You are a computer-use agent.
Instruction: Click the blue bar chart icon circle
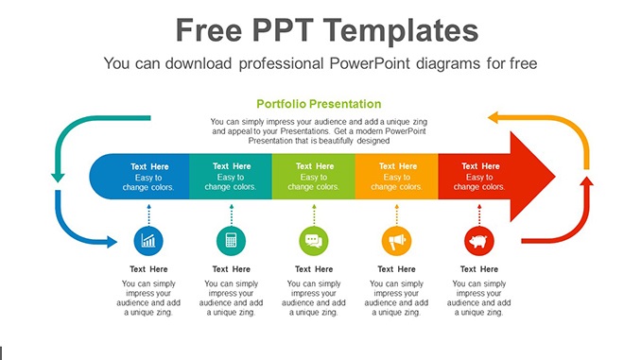pos(148,241)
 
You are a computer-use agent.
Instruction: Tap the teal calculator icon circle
pos(231,241)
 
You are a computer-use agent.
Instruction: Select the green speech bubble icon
pos(313,241)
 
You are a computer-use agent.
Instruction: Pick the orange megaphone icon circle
pos(396,241)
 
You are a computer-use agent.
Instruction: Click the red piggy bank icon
pos(479,241)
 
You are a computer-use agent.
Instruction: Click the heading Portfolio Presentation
pos(319,104)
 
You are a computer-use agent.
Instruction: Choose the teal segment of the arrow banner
pos(231,176)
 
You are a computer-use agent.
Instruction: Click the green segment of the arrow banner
pos(313,176)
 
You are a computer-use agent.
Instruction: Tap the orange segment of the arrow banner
pos(396,176)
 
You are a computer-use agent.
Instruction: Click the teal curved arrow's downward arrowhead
pos(58,176)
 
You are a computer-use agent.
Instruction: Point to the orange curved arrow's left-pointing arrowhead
pos(494,118)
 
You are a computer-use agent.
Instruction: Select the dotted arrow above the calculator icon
pos(231,213)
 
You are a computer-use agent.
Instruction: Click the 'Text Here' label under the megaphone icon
pos(396,269)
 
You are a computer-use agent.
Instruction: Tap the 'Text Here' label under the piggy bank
pos(479,269)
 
